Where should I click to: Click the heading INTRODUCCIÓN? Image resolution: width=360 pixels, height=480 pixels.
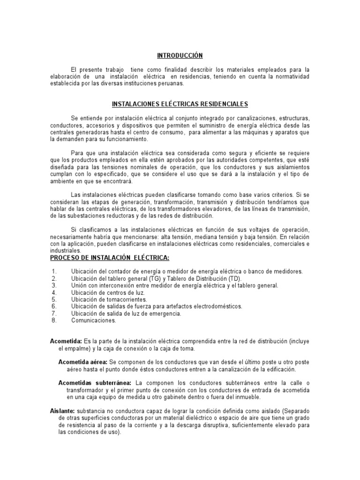(x=180, y=55)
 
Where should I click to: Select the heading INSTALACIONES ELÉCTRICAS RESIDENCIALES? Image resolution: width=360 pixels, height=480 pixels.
(x=180, y=104)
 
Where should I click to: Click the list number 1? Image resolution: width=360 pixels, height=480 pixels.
(x=54, y=271)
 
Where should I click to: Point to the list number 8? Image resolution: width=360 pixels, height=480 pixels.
(x=54, y=321)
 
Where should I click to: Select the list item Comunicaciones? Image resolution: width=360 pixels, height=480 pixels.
(x=93, y=321)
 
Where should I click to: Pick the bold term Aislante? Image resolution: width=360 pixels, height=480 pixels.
(x=62, y=411)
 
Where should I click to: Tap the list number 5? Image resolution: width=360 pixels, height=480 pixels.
(x=54, y=299)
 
